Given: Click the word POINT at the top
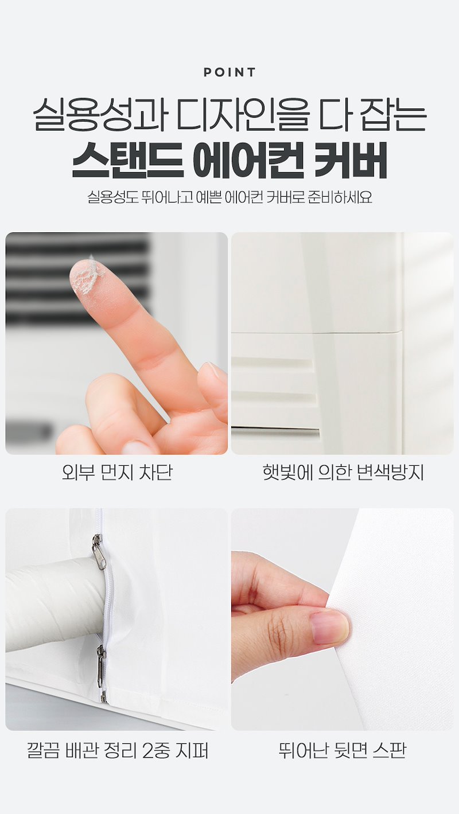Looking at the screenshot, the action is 229,72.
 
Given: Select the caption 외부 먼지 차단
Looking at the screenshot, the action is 116,473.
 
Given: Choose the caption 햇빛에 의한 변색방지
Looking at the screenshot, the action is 343,473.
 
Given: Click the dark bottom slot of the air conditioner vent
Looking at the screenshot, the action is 275,432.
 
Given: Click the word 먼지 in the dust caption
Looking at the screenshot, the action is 116,473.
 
